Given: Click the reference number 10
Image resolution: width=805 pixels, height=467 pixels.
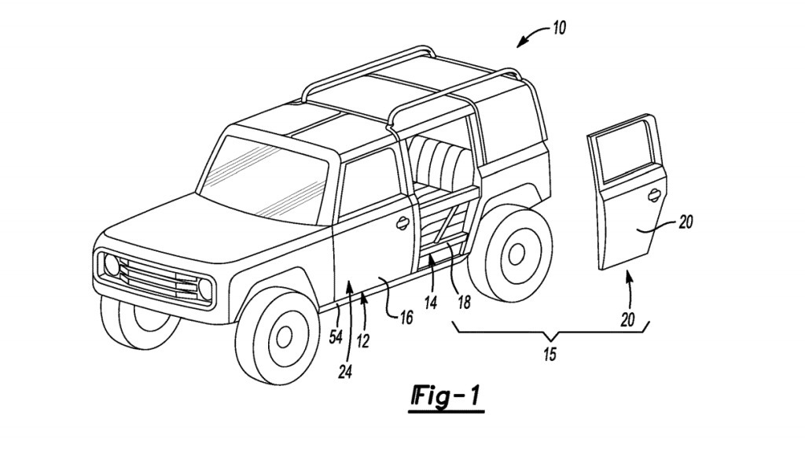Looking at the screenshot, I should click(x=558, y=28).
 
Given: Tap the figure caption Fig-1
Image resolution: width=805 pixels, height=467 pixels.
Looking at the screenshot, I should click(x=446, y=397).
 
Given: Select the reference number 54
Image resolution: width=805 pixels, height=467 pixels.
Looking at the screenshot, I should click(x=336, y=336).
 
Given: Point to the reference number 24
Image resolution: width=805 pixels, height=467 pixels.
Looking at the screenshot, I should click(x=345, y=372).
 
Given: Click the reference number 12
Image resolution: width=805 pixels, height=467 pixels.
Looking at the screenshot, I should click(x=362, y=340).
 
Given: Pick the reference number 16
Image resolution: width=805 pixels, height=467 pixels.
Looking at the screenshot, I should click(x=405, y=317).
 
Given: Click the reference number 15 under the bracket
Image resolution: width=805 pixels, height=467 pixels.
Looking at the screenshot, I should click(x=550, y=354).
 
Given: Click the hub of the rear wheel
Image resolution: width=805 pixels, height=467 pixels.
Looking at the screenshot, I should click(x=516, y=253).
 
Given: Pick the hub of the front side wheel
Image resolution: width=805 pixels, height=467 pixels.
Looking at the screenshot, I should click(x=282, y=337).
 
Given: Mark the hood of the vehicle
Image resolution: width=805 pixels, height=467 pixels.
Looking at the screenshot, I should click(x=189, y=228).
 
